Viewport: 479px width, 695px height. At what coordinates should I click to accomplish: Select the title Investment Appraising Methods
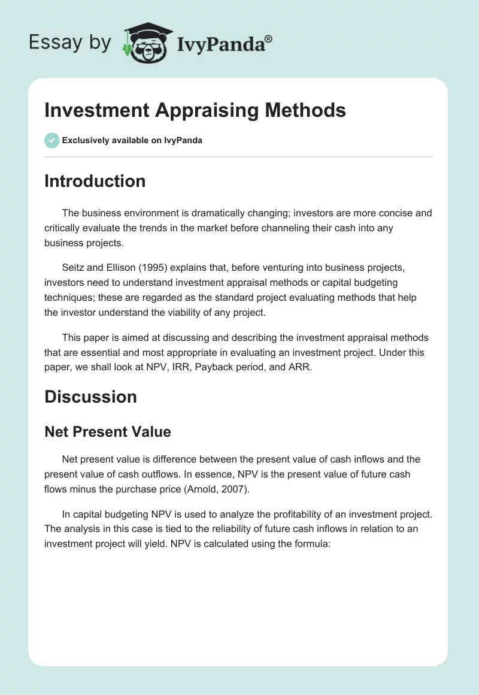(x=195, y=110)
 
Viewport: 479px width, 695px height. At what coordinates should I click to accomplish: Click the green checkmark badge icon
(x=51, y=140)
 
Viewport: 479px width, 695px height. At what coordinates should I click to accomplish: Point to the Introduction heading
(x=95, y=182)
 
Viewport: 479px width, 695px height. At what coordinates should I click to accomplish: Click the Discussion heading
(x=90, y=397)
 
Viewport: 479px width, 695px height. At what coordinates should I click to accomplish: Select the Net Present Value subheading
(x=108, y=431)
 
